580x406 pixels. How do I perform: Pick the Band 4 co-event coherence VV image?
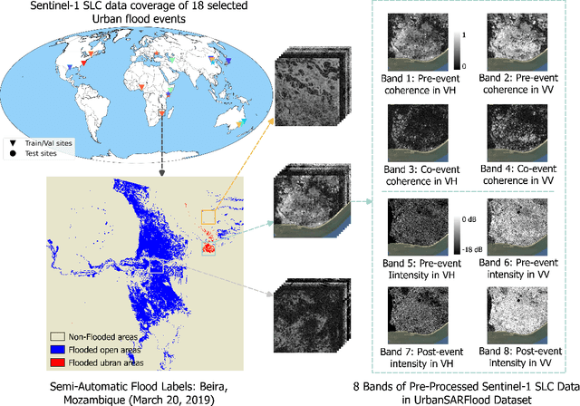517,131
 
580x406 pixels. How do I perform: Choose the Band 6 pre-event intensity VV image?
517,226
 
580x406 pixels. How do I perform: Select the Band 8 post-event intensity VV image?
517,313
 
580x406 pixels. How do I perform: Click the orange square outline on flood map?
209,217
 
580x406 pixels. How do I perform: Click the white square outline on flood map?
156,266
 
